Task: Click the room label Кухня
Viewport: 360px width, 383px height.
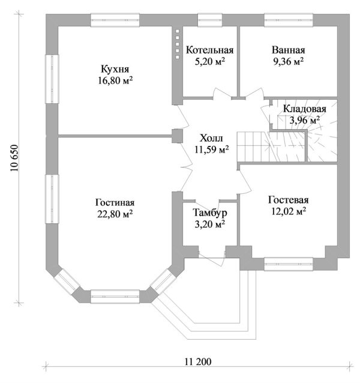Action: click(113, 69)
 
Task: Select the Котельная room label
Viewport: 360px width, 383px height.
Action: click(209, 50)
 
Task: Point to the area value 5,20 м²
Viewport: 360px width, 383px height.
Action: click(209, 61)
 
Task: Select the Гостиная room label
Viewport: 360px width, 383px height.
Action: click(115, 202)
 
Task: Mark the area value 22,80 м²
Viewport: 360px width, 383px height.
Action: click(115, 213)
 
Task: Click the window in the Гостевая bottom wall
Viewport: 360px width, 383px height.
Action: click(289, 261)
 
